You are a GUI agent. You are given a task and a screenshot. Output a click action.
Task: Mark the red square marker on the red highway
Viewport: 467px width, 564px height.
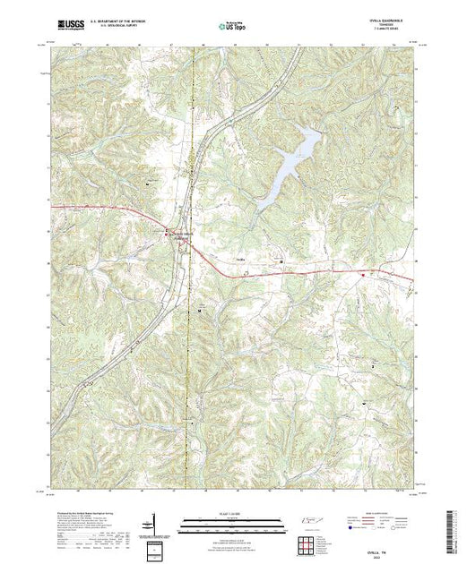(x=361, y=277)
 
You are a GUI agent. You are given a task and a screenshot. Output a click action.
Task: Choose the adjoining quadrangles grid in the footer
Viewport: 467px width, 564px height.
(x=309, y=544)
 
